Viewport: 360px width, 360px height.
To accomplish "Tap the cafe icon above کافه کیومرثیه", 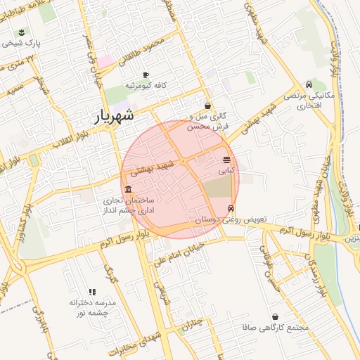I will click(146, 75).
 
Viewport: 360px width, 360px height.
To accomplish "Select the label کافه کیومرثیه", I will click(146, 85).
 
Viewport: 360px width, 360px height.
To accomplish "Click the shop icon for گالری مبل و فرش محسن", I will click(207, 106).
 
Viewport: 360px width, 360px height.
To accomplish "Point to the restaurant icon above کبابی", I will click(226, 160).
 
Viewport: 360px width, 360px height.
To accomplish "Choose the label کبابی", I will click(226, 170).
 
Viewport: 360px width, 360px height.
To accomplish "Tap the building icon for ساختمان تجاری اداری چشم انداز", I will click(127, 190).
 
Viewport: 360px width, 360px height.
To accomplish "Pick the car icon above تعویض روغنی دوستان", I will click(231, 209).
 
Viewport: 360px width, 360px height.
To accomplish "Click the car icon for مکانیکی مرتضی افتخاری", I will click(309, 85).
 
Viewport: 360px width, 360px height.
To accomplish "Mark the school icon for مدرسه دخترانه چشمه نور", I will click(92, 292).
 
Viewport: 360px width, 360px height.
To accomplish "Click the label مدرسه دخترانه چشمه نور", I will click(92, 307).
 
